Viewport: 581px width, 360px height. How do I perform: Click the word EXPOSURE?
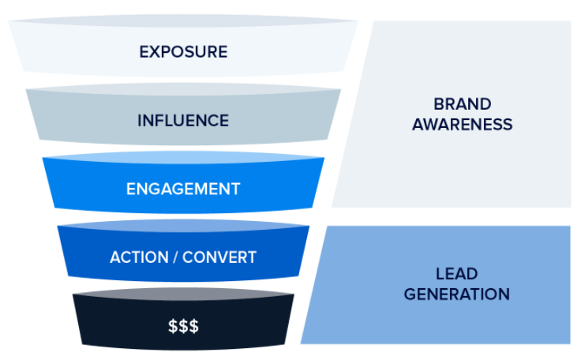[183, 52]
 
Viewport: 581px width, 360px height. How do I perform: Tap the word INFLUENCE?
[183, 121]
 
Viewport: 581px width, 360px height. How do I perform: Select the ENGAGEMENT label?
[183, 189]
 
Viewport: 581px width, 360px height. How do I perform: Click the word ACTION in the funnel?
[137, 258]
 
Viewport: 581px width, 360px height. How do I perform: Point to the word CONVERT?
[219, 258]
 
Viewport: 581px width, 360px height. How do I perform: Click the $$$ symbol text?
[183, 325]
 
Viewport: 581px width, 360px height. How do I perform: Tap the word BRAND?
[462, 104]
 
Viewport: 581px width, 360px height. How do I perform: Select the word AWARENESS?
[462, 124]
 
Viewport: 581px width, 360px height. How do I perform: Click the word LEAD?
[456, 275]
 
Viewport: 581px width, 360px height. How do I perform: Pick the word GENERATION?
[456, 294]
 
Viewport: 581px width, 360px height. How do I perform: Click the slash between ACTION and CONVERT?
[174, 258]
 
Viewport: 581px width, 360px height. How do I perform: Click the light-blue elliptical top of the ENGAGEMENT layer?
[183, 158]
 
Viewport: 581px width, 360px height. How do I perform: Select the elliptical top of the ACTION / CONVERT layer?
[183, 227]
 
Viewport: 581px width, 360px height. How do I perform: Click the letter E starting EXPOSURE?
[144, 52]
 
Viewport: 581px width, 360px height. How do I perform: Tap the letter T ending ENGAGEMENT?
[235, 189]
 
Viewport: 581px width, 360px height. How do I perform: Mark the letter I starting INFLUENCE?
[140, 121]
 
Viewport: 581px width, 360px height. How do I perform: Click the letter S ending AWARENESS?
[508, 124]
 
